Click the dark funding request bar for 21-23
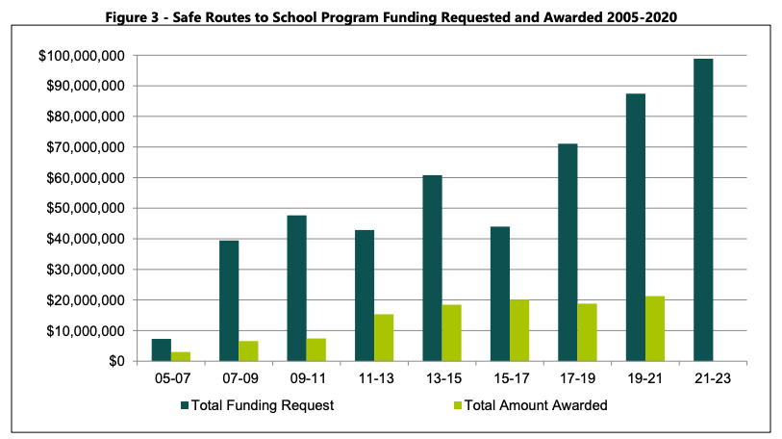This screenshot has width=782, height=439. (703, 210)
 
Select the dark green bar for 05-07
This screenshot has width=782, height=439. (162, 350)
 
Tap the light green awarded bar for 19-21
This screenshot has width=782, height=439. (655, 328)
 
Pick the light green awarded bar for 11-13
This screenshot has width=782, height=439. (384, 338)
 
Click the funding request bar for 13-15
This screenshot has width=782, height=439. (432, 268)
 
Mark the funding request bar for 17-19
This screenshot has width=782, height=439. (568, 252)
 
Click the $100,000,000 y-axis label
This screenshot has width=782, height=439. (81, 56)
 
